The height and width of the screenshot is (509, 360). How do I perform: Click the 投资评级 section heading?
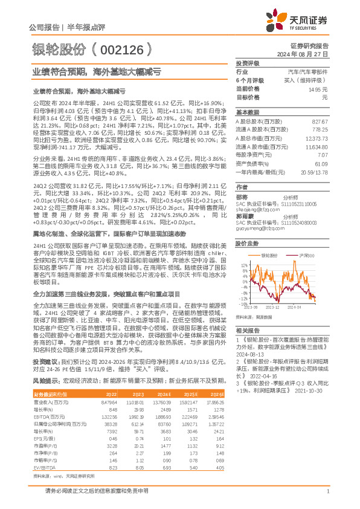[247, 63]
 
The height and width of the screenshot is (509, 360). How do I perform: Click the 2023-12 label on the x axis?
[272, 306]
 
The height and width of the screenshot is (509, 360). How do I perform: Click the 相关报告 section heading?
[247, 330]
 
